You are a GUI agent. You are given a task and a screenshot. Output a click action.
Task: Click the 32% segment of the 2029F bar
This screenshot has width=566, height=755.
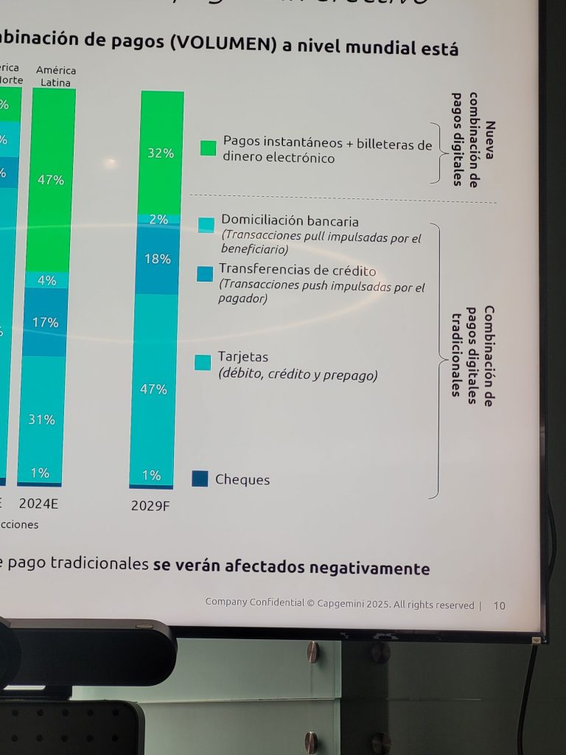point(161,153)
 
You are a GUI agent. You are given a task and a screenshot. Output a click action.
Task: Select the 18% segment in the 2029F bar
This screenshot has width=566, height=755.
point(157,260)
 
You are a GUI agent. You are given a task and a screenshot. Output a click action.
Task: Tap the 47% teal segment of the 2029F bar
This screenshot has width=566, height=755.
point(153,389)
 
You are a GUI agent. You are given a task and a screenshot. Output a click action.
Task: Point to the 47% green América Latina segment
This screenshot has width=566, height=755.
point(51,179)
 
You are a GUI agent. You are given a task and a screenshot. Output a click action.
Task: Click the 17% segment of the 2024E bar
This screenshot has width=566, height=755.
point(45,322)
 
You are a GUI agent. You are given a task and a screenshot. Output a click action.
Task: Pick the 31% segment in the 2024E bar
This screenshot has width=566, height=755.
point(41,420)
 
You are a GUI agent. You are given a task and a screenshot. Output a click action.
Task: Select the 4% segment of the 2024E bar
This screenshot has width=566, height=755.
point(47,280)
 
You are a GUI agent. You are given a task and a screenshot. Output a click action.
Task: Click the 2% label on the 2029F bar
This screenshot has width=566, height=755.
point(158,219)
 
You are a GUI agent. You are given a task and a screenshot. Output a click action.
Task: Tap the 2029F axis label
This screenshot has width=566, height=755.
point(150,506)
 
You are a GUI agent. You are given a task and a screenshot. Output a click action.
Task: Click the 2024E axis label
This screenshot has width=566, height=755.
point(38,504)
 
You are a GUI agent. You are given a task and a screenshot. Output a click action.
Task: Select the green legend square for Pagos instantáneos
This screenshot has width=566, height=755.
point(209,148)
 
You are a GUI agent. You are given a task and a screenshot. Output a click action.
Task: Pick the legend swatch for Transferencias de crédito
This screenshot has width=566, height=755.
point(205,274)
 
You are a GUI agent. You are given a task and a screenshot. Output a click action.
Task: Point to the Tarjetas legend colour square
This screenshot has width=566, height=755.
point(203,362)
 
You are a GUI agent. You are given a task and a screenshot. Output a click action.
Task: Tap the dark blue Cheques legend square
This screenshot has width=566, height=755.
point(200,479)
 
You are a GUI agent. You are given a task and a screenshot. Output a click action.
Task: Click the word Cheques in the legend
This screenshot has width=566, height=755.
point(242,480)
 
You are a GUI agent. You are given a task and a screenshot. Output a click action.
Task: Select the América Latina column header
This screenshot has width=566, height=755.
point(56,77)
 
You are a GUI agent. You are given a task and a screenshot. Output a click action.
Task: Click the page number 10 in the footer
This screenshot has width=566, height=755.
point(500,605)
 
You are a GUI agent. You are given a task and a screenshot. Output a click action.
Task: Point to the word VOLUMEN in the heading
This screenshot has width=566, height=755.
point(221,44)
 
